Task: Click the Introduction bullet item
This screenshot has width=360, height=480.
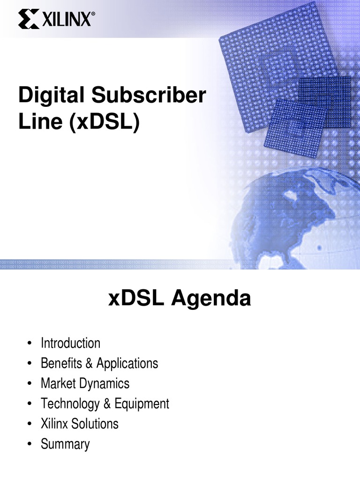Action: coord(70,343)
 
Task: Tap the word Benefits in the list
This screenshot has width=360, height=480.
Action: coord(58,363)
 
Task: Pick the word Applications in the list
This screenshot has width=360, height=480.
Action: coord(127,363)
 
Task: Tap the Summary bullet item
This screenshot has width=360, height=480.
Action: coord(65,444)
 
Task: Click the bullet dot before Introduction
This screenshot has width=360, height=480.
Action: coord(30,344)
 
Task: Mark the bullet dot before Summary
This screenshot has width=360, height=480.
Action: coord(30,444)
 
